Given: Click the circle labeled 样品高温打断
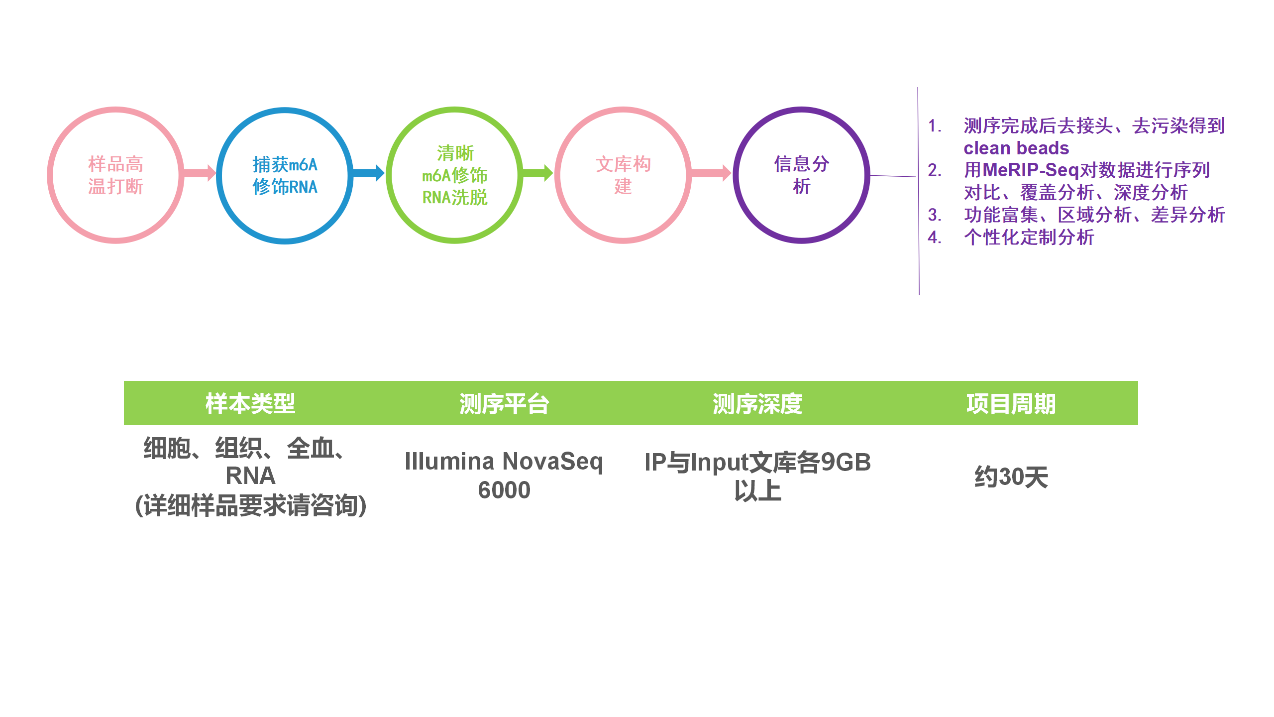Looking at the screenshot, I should pos(115,175).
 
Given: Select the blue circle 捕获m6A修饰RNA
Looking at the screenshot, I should pos(285,175).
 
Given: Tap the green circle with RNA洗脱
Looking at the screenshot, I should pos(454,175).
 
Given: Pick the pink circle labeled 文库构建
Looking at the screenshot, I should pos(623,175).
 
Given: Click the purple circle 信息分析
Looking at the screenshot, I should pos(801,175).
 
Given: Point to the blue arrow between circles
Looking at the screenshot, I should pos(368,173).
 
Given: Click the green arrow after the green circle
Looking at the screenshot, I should pos(537,173).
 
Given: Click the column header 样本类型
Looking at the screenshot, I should pos(250,403).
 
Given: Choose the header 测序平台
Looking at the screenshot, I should pos(504,403).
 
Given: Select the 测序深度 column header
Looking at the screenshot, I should pos(757,403).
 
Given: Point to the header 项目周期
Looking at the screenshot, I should pos(1011,403).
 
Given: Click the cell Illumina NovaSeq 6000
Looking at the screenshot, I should pos(504,476).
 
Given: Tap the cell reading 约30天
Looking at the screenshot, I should pos(1011,477).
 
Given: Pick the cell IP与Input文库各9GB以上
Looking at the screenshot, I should pos(757,476).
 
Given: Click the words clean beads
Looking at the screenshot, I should pos(1016,148).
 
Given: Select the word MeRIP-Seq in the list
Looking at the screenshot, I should pos(1030,170).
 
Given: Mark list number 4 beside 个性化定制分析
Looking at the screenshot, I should pos(934,238).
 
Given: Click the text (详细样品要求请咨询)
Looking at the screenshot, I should pos(251,505).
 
